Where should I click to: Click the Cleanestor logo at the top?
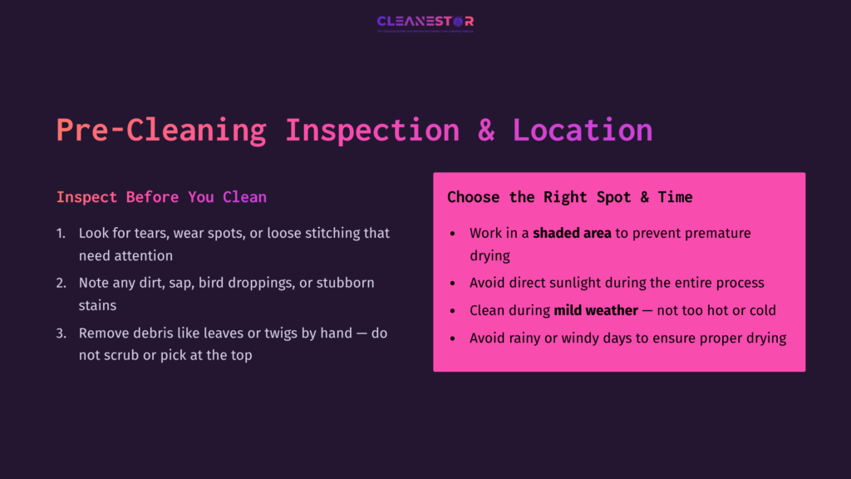[x=425, y=22]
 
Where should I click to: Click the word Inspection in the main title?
[x=371, y=131]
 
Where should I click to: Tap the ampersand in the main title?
[x=485, y=131]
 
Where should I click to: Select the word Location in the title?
[x=582, y=131]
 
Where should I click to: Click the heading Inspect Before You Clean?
[x=161, y=197]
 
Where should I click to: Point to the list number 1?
[x=61, y=234]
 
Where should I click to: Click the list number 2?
[x=61, y=283]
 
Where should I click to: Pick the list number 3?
[x=61, y=333]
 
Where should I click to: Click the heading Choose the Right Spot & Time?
[x=569, y=197]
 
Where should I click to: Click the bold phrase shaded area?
[x=572, y=234]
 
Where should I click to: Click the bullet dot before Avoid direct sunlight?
[x=451, y=284]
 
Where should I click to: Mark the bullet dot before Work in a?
[x=451, y=234]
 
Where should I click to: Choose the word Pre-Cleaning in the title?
[x=161, y=131]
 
